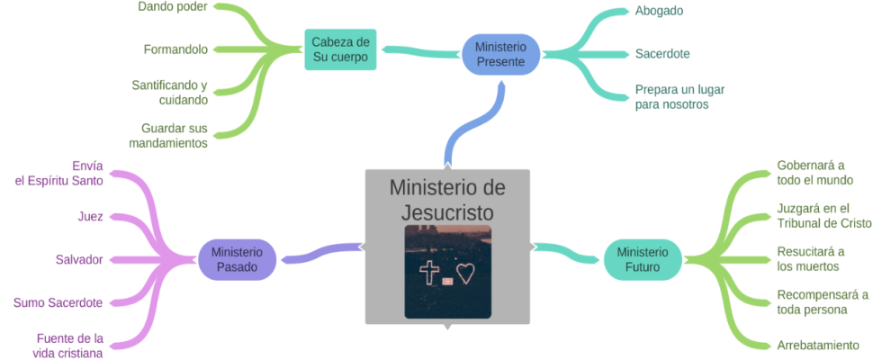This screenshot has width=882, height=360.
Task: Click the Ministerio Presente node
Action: [x=501, y=55]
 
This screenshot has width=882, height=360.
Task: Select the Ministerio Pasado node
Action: [x=238, y=259]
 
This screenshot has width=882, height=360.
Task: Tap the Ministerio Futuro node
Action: [x=643, y=259]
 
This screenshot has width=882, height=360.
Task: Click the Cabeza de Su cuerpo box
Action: [x=340, y=50]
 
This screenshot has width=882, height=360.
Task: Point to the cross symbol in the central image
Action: [x=429, y=273]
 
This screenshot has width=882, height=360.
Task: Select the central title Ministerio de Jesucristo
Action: [x=447, y=200]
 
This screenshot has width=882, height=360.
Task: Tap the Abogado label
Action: [x=659, y=11]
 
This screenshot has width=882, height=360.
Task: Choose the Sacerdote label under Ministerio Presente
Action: [x=662, y=54]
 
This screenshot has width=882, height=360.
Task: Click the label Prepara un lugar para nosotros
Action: [x=680, y=97]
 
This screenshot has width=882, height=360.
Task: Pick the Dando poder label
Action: [x=173, y=7]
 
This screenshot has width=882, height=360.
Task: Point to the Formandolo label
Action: [x=175, y=49]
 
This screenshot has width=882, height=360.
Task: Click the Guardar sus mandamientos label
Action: [x=168, y=136]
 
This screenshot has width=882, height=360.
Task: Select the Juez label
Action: [x=90, y=217]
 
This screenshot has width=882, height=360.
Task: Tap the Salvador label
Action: [x=79, y=259]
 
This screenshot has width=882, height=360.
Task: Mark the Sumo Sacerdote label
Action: [x=58, y=302]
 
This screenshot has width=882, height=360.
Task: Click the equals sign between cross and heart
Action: [x=447, y=281]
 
